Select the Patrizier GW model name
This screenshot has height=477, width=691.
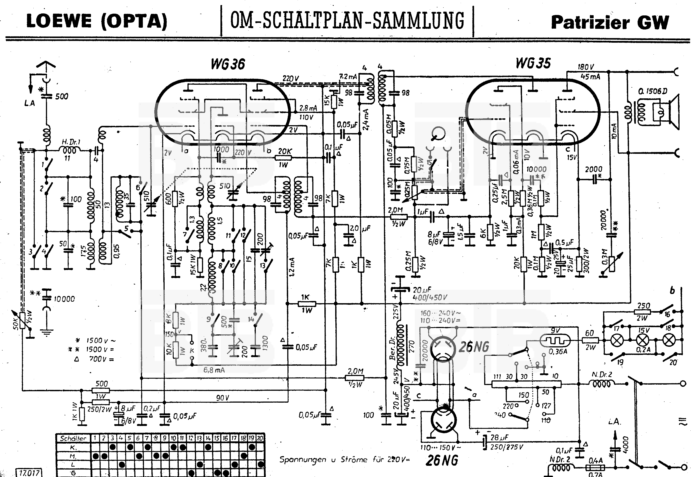[610, 22]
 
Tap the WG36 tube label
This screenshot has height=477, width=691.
[228, 64]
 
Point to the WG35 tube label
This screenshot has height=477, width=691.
[533, 63]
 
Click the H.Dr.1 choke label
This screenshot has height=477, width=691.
[71, 142]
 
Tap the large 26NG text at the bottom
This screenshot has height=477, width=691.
[442, 460]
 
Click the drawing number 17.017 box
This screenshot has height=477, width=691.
[29, 473]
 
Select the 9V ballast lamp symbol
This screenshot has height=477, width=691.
[555, 340]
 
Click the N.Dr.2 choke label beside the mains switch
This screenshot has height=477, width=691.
[602, 374]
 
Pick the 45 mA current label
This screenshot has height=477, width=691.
[590, 77]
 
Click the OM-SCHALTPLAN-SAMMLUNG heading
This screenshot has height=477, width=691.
[347, 21]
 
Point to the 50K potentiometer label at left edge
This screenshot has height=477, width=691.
[16, 323]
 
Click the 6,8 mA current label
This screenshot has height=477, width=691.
[214, 370]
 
